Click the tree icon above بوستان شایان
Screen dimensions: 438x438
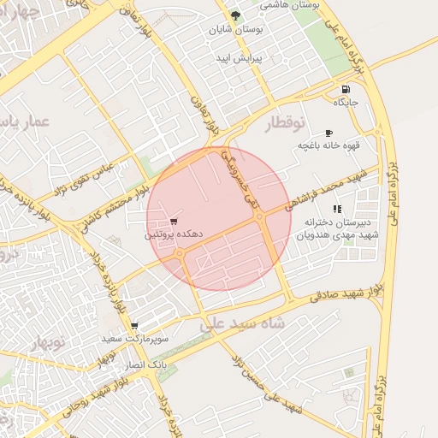[237, 16]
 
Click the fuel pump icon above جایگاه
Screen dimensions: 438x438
[345, 90]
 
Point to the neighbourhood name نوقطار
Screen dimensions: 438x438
[285, 123]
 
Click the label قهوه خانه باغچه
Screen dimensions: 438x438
[329, 145]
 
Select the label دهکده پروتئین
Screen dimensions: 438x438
[163, 234]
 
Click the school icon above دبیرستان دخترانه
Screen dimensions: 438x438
[337, 209]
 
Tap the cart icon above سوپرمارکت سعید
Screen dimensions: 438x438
[134, 326]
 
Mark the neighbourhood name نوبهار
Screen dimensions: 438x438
[48, 343]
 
